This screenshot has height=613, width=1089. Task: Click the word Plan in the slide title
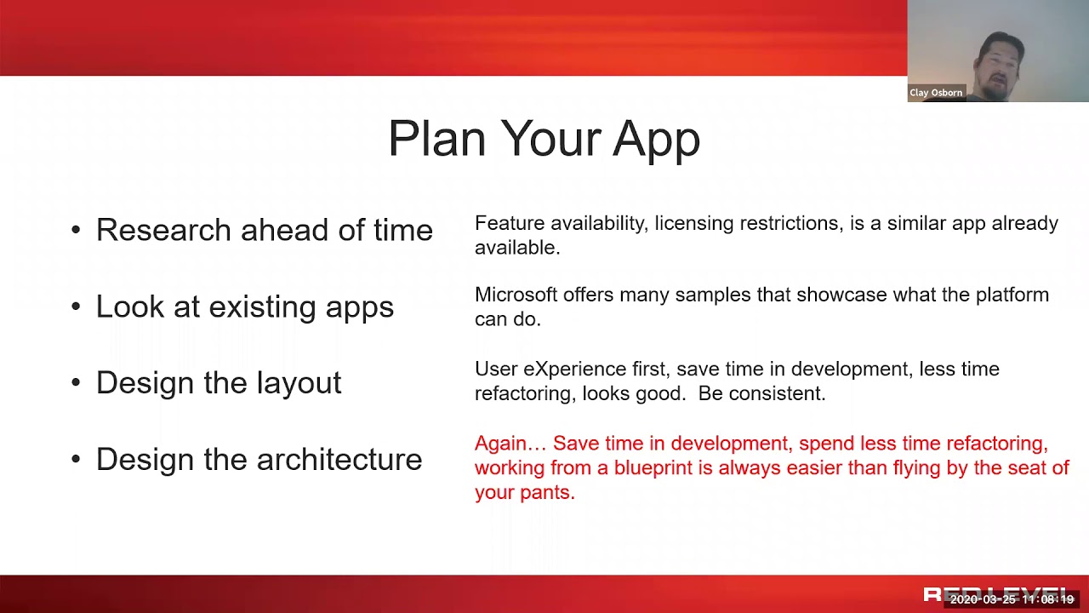click(x=437, y=138)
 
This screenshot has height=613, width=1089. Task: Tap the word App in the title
click(x=656, y=141)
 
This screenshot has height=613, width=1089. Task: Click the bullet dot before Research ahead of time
click(x=76, y=230)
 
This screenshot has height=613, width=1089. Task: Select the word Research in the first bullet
click(x=163, y=230)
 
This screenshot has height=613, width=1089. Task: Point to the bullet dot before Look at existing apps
click(x=76, y=306)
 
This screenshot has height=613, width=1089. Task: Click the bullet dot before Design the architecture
click(x=76, y=459)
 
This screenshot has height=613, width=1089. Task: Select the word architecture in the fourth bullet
click(x=339, y=459)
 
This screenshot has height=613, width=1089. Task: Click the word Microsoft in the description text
click(x=516, y=295)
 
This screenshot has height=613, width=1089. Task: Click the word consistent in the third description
click(x=778, y=393)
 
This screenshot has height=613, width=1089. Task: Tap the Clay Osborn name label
click(x=936, y=93)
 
